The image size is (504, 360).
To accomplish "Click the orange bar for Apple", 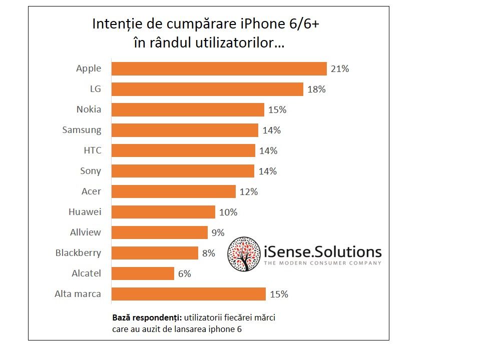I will coord(219,68).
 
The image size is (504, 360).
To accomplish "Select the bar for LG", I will coord(207,89).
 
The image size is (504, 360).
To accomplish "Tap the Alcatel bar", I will coord(143,273).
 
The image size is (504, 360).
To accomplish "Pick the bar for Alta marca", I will coord(188,294).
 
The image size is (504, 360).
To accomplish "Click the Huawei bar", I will coord(163,212).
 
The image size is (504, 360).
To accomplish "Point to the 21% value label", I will coord(340,69).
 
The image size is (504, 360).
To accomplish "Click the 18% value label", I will coord(316,89).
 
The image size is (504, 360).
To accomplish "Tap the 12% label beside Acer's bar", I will coord(248,191).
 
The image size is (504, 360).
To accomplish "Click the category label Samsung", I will coord(82,130).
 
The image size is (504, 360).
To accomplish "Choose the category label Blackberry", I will coord(78,253).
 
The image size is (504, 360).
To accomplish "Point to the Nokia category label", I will coord(89,109).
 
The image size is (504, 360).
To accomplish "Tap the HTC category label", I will coord(92,150).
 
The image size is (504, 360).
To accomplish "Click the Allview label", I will coord(86,232).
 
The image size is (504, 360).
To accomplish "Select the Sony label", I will coord(91,171).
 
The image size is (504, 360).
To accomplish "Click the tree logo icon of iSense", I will coord(244,254).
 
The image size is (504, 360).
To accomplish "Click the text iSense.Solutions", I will coord(322,251).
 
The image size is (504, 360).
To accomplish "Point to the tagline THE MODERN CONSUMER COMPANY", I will coord(322,263).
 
